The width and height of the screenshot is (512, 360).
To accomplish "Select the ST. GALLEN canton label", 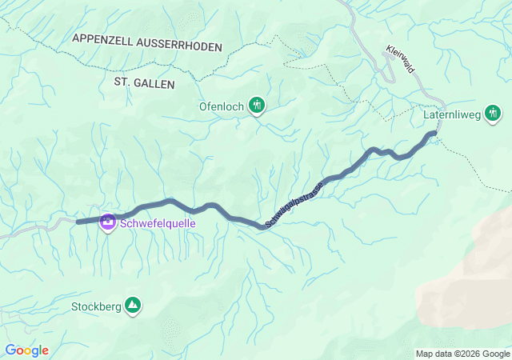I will [144, 82].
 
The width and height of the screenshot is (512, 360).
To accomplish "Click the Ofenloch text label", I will [222, 105].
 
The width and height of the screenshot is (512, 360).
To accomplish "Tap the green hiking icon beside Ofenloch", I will [257, 104].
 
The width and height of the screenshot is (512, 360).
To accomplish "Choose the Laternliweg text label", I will [451, 115].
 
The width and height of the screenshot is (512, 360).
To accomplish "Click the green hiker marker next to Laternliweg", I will [493, 114].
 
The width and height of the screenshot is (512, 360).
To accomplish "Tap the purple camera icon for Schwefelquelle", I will [107, 222].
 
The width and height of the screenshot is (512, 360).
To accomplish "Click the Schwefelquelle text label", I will [158, 223].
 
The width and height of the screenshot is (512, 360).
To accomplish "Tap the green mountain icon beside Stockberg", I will [132, 305].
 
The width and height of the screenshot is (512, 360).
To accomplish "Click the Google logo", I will [26, 350].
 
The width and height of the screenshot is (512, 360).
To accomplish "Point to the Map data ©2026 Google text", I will [462, 354].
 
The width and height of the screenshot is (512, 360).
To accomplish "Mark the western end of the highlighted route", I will [78, 221].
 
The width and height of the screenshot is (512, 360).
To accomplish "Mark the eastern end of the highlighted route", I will [436, 132].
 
